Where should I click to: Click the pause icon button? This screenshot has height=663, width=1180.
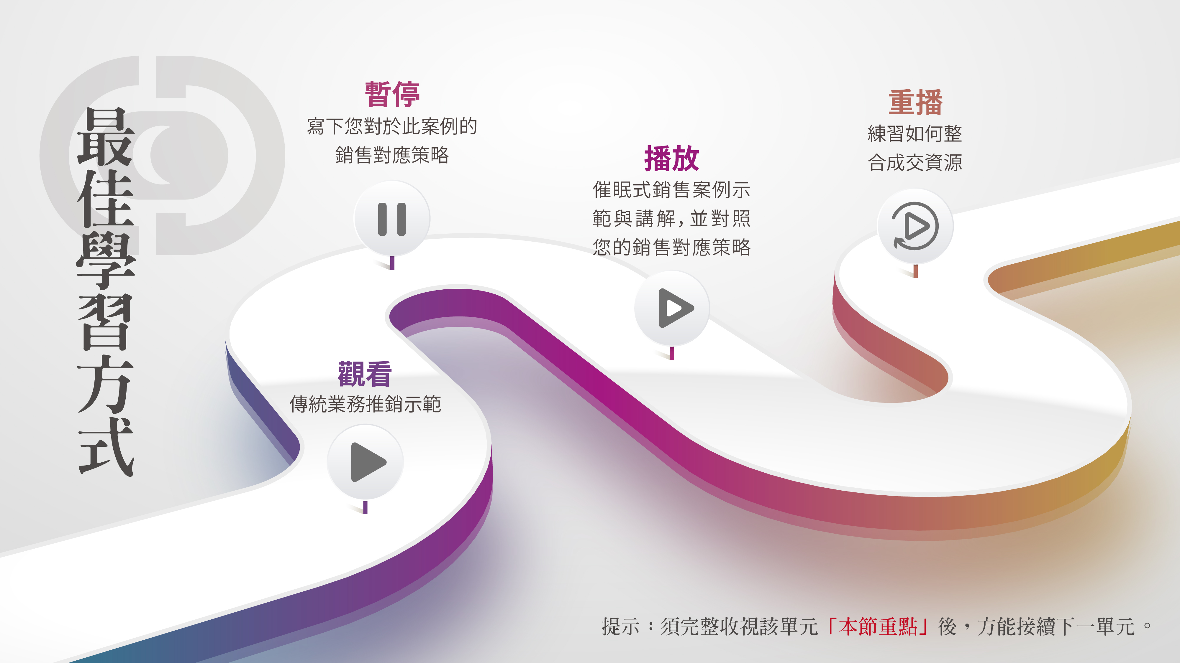coord(392,219)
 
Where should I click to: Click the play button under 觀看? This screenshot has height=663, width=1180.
coord(365,462)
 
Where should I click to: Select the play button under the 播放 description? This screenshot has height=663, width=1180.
coord(672,308)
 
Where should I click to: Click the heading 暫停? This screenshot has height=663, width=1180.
coord(392,94)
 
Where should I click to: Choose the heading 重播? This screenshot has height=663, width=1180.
coord(915,103)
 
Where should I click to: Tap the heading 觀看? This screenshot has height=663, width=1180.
coord(365,374)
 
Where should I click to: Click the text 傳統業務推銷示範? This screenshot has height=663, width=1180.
coord(365,404)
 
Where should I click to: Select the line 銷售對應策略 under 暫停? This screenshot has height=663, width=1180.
coord(392,155)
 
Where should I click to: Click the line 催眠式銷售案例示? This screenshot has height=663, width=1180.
coord(671,190)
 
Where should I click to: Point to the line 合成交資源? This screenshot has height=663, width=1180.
coord(915,162)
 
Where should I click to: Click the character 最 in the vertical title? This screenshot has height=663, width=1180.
coord(105,136)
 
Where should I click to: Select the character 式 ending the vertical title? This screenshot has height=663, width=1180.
coord(106,447)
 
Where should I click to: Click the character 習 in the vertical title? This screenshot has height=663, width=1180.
coord(105,323)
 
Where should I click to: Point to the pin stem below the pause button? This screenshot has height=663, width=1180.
coord(392,263)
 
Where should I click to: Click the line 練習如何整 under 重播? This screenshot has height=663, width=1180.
coord(915,133)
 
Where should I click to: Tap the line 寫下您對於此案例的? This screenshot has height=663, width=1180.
coord(392,126)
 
